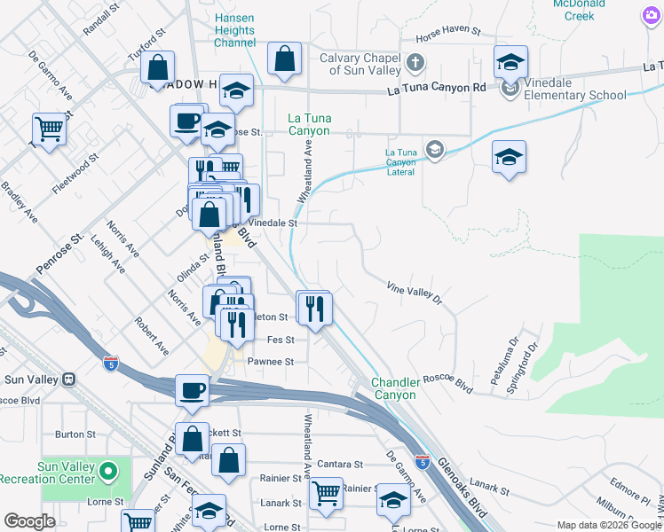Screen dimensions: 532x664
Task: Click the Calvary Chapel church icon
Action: (x=415, y=63)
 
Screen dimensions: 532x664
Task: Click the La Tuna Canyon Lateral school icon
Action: (x=433, y=149)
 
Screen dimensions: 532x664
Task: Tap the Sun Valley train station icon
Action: (x=67, y=379)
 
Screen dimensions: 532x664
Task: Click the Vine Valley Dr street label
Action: (x=414, y=293)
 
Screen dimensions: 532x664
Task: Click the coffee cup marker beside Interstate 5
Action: (x=191, y=390)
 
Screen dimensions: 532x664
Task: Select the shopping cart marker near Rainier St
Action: (x=326, y=493)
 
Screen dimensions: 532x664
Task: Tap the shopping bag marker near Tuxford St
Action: (x=157, y=67)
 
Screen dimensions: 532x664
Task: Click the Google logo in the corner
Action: (x=29, y=520)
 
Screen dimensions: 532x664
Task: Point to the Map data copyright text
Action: (x=609, y=525)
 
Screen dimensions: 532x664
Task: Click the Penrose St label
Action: (x=59, y=253)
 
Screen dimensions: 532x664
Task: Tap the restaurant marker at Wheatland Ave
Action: (x=313, y=308)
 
